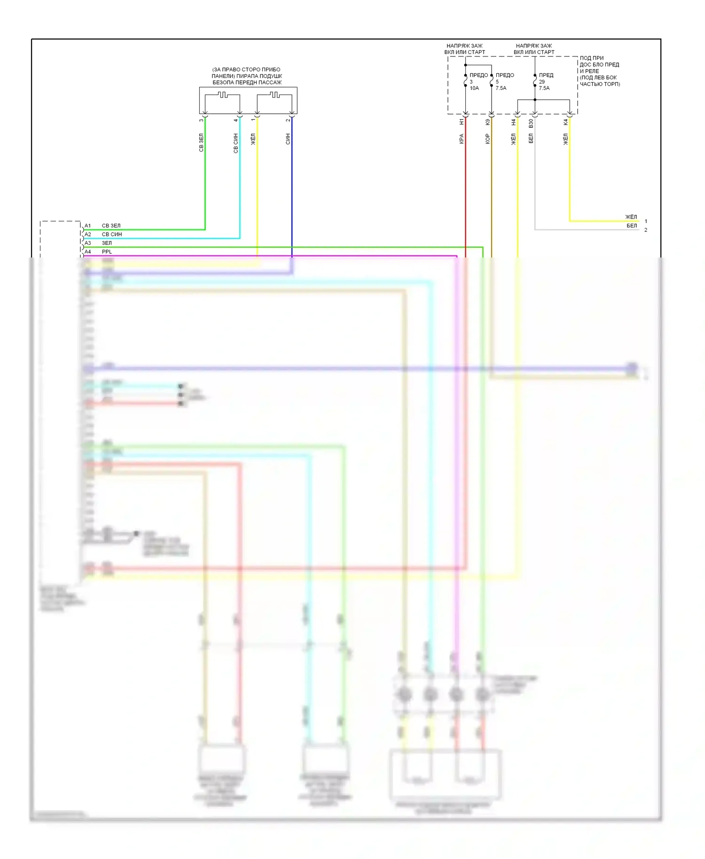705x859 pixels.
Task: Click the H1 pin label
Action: tap(462, 122)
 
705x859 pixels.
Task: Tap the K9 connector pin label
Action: tap(487, 122)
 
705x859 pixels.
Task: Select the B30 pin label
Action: tap(531, 123)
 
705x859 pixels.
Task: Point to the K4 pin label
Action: tap(565, 122)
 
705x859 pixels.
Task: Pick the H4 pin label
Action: tap(513, 122)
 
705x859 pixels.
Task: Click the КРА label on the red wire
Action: tap(462, 139)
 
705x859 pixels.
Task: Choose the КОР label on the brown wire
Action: tap(487, 139)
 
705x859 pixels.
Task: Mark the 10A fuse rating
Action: tap(474, 88)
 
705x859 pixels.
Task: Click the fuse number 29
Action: tap(542, 82)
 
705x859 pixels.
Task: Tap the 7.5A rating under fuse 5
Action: tap(501, 88)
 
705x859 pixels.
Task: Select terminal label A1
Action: tap(88, 226)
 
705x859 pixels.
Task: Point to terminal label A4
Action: tap(88, 252)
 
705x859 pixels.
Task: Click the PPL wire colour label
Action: tap(107, 252)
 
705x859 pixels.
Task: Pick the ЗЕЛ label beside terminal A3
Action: tap(107, 243)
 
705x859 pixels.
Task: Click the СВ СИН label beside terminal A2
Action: tap(112, 234)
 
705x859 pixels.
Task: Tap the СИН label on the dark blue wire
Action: tap(288, 139)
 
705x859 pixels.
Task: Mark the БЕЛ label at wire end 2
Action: tap(632, 226)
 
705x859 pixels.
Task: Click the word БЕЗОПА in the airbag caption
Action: tap(223, 83)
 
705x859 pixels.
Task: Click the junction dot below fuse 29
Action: tap(535, 100)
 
